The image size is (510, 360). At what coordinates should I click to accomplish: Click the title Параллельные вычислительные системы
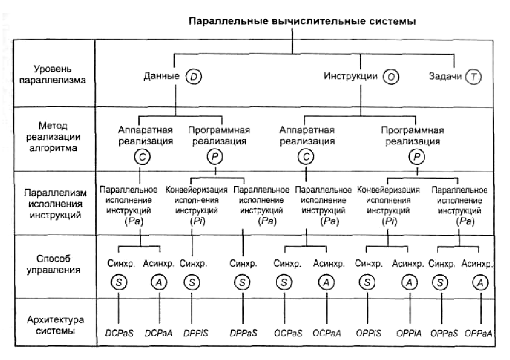click(x=301, y=22)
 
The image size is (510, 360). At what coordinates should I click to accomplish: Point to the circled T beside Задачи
click(x=474, y=77)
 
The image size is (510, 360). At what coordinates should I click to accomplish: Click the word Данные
click(x=162, y=77)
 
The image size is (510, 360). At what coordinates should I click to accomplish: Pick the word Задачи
click(x=445, y=77)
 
